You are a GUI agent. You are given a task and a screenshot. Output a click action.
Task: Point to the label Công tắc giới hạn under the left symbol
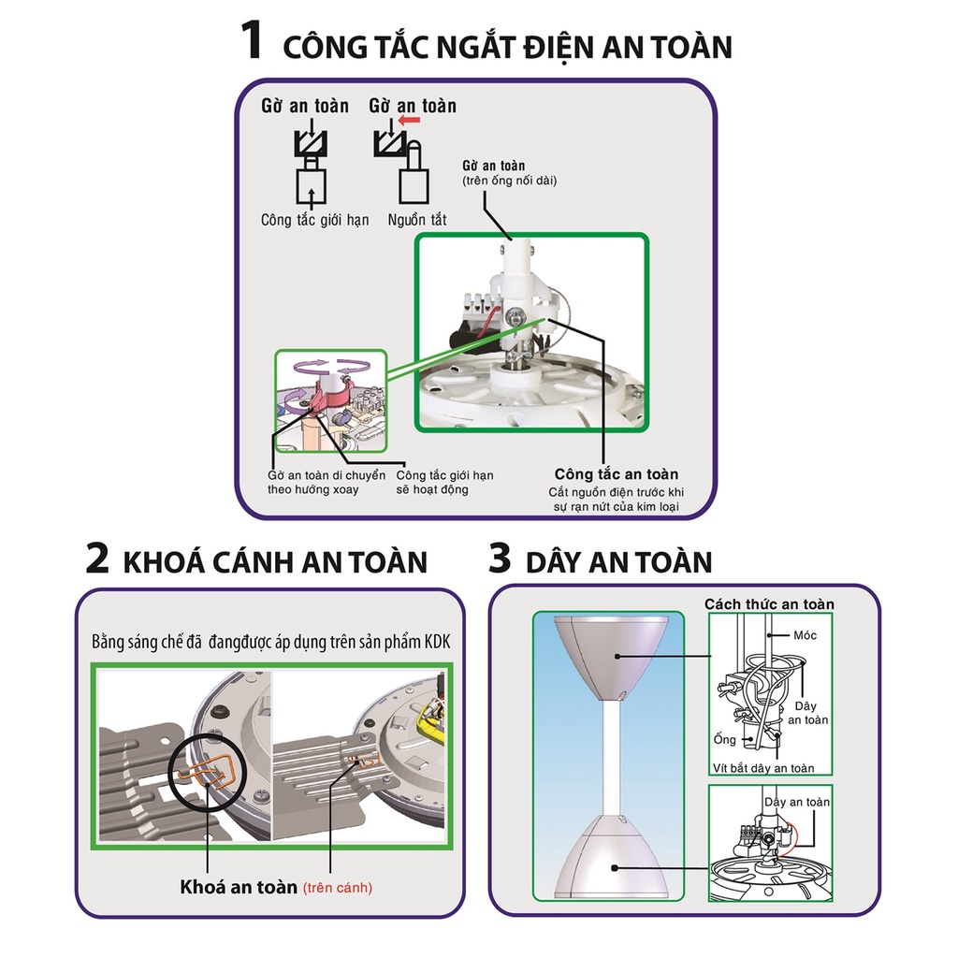coord(314,220)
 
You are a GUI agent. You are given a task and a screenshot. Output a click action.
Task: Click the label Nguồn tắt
coord(417,220)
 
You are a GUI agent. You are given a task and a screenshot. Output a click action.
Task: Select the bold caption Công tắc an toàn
coord(616,473)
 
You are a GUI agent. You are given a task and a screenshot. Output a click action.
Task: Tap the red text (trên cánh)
coord(337,886)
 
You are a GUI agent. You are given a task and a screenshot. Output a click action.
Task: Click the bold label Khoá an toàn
coord(239,886)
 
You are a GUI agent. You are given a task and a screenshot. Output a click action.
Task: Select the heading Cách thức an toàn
coord(769,604)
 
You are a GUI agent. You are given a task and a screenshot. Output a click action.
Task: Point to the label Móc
coord(805,635)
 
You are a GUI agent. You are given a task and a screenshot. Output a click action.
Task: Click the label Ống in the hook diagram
coord(724,739)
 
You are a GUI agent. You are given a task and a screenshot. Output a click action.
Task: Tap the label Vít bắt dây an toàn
coord(769,768)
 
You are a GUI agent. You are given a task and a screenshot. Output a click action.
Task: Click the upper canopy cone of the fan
coord(614,655)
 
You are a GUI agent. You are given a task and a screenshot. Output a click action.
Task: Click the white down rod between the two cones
coord(614,758)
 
